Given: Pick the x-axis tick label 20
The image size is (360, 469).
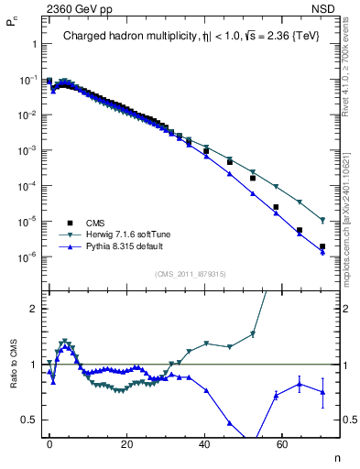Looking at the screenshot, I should coord(126,443).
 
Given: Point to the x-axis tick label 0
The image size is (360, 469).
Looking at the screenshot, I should coord(49,443).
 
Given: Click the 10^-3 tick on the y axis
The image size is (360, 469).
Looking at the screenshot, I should coord(27,150).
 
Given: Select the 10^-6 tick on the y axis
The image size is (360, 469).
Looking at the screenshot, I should coord(27,256).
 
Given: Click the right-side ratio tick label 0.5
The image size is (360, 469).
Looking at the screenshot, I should coord(341,420).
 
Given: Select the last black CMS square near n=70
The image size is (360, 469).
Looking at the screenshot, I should coord(322,246).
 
